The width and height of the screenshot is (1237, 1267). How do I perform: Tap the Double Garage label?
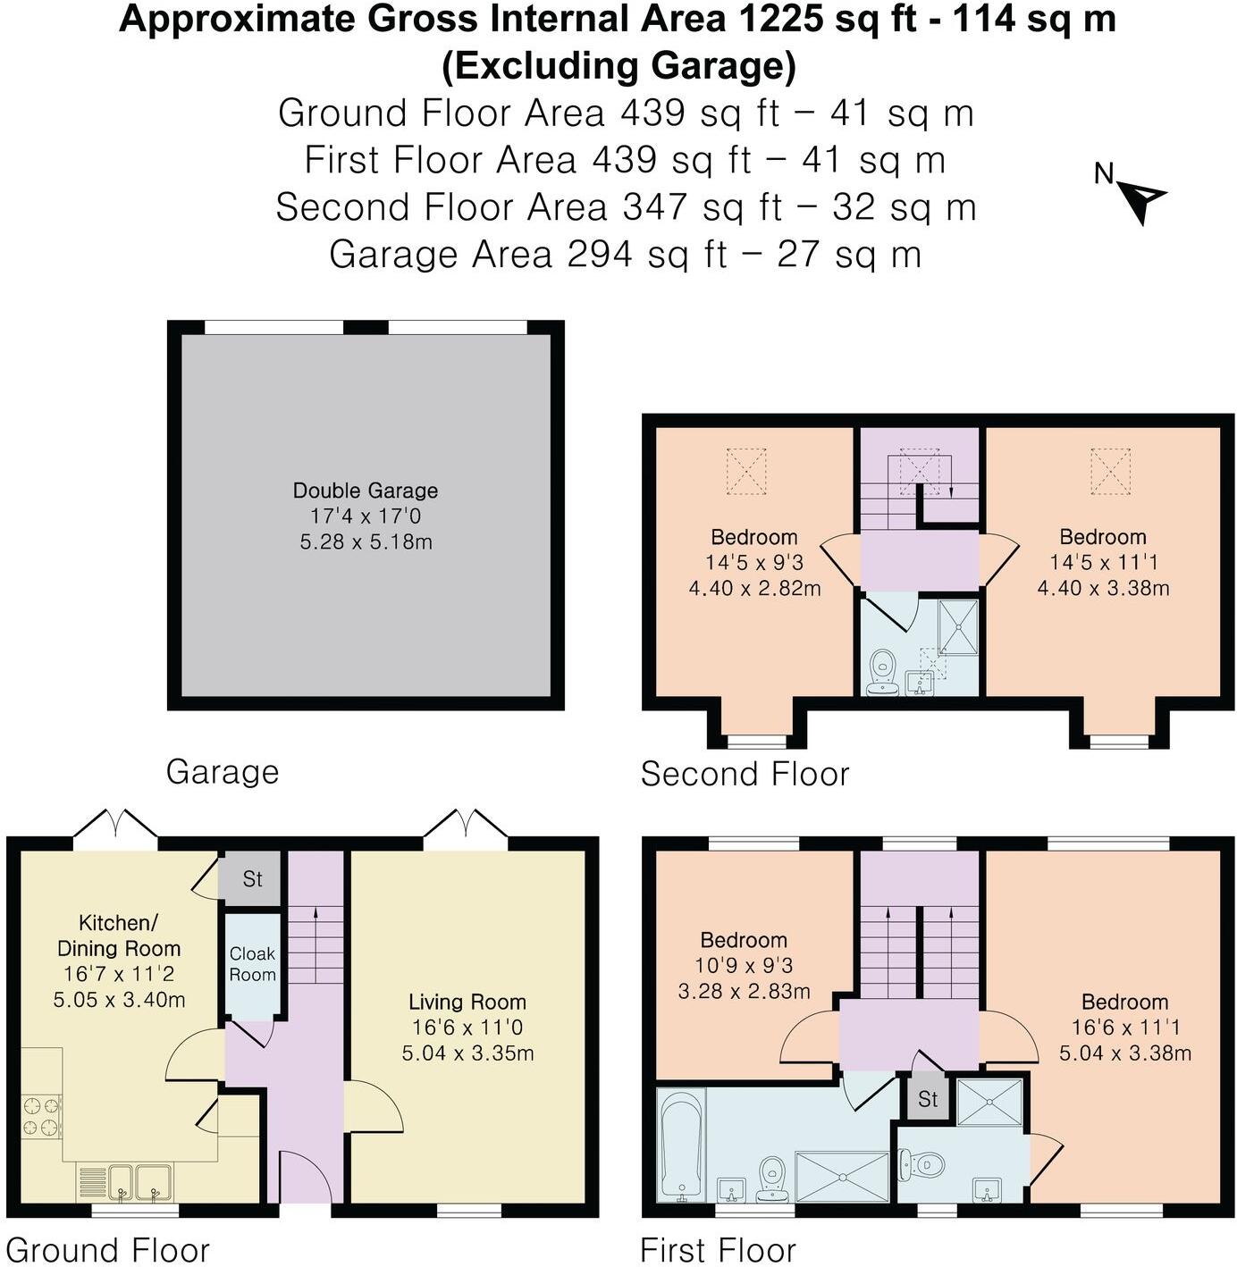click(x=366, y=491)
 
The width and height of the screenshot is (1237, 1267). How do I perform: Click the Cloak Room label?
click(x=252, y=964)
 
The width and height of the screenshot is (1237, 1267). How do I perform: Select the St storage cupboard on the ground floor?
click(x=252, y=879)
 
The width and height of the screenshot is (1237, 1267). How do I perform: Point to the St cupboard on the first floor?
click(x=928, y=1098)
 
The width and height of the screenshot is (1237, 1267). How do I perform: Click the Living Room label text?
click(x=467, y=1002)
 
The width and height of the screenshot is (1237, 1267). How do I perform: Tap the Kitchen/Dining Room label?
click(x=119, y=936)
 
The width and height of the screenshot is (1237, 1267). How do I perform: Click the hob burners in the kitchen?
click(x=41, y=1116)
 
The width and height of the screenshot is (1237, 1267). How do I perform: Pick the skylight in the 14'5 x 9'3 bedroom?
click(x=746, y=472)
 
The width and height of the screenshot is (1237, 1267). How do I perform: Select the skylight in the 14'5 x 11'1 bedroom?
click(x=1110, y=472)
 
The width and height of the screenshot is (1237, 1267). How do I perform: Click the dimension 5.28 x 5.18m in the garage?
click(x=366, y=541)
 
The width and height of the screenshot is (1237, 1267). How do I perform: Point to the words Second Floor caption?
click(x=745, y=774)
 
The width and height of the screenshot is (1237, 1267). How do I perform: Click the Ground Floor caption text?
click(x=107, y=1249)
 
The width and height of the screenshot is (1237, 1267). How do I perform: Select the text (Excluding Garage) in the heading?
click(x=618, y=66)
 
